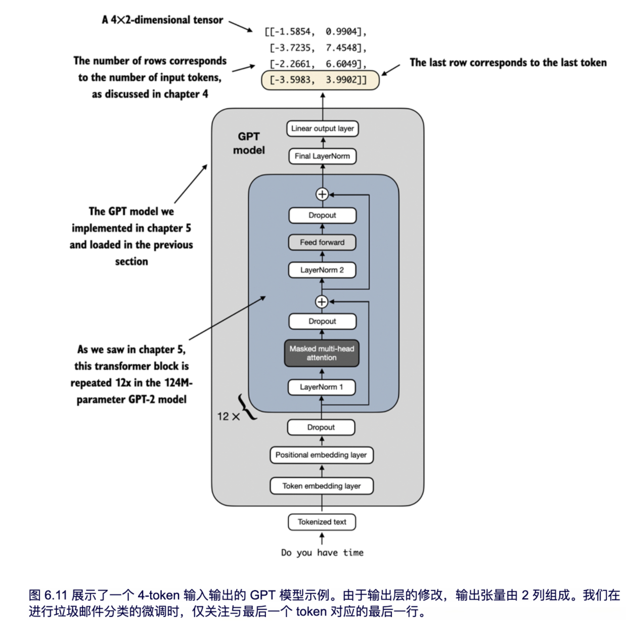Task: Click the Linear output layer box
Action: [322, 128]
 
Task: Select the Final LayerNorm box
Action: [322, 156]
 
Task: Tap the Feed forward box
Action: [322, 242]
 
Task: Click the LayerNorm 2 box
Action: [322, 270]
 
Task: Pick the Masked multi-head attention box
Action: [322, 353]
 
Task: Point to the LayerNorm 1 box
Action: [322, 387]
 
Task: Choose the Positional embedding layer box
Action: [321, 455]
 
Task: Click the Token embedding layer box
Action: [322, 486]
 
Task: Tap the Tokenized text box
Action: [322, 522]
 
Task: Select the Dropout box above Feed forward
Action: [322, 215]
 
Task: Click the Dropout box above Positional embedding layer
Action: [321, 427]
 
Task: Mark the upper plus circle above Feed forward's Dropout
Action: [322, 194]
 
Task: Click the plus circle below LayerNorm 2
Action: [322, 302]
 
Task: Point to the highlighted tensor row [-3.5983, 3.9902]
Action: [320, 80]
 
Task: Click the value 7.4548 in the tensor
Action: [341, 48]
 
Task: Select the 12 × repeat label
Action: [229, 417]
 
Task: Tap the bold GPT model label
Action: [249, 143]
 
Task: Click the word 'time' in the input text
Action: [353, 552]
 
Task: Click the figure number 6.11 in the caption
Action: [56, 595]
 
